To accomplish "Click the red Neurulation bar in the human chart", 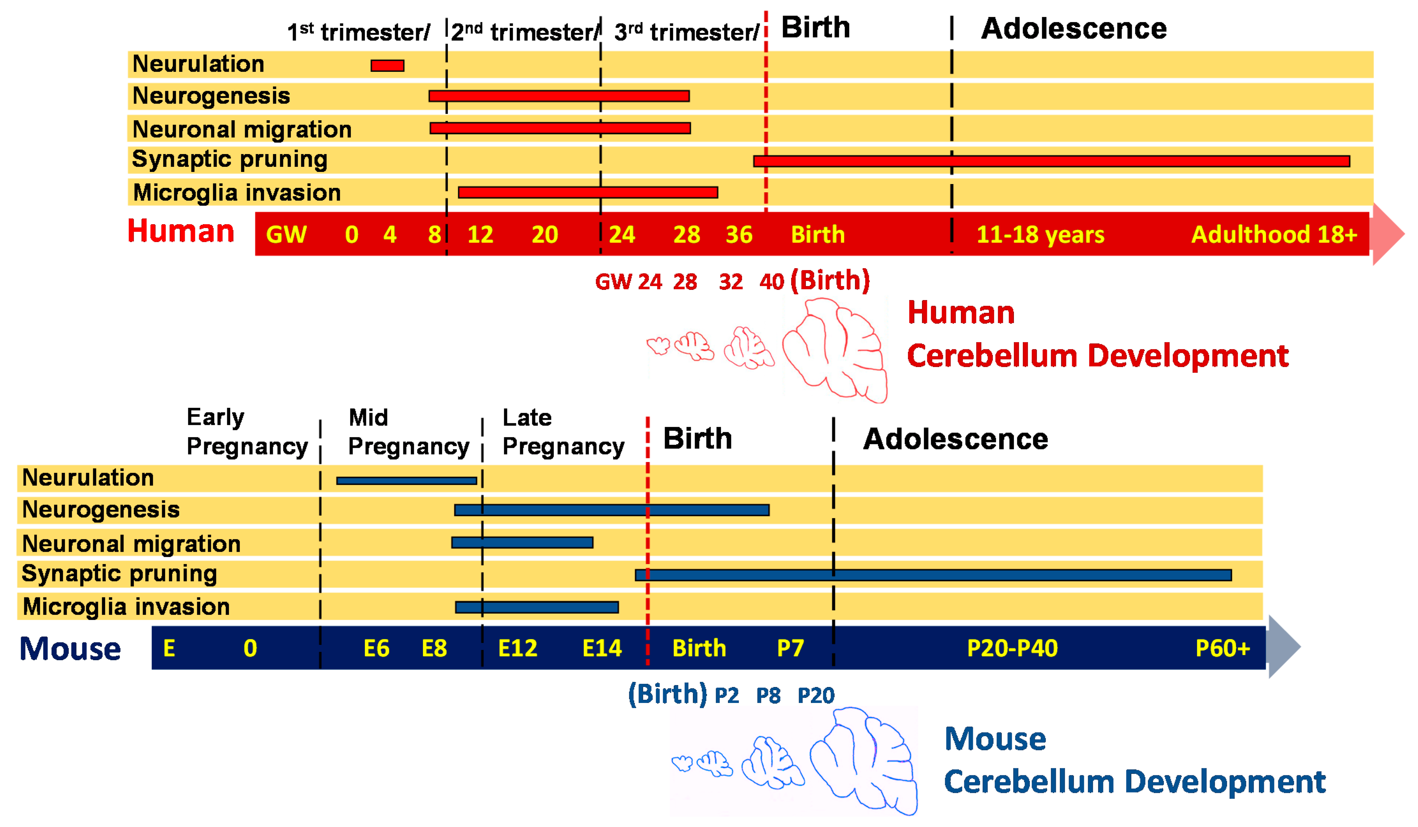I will [387, 66].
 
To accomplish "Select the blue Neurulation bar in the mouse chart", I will [406, 480].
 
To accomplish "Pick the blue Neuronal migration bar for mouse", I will [522, 542].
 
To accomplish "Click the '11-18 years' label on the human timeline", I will [1040, 235].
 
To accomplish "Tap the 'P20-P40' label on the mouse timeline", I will [1012, 648].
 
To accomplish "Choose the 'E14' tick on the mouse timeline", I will [601, 648].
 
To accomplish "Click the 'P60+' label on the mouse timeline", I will [1222, 648].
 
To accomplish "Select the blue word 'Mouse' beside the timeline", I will [70, 649].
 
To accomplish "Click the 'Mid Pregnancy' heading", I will [408, 432].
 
